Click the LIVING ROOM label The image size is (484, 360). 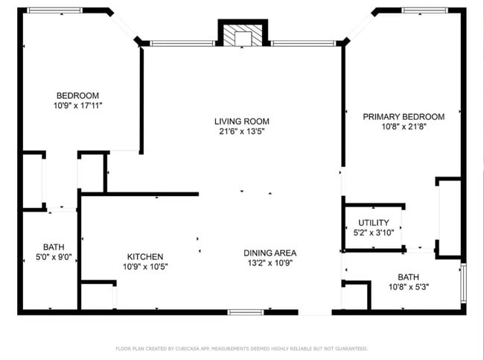pos(241,121)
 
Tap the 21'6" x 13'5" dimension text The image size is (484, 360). pos(241,131)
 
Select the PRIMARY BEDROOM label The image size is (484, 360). pos(403,116)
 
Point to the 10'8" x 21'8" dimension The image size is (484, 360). pos(403,127)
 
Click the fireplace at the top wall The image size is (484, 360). pos(242,37)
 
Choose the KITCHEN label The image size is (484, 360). pos(144,256)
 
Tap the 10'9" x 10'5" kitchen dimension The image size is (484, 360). pos(144,266)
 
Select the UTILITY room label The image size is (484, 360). pos(373,223)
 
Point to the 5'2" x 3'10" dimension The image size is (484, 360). pos(373,233)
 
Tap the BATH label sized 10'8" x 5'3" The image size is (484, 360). pos(408,277)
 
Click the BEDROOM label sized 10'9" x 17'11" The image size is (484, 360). pos(77,95)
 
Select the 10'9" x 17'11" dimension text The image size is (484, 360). pos(77,106)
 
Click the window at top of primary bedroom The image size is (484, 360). pos(424,10)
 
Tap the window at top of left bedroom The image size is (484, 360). pos(55,10)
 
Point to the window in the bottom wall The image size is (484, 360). pos(246,312)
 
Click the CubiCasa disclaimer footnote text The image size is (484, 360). pos(241,348)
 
